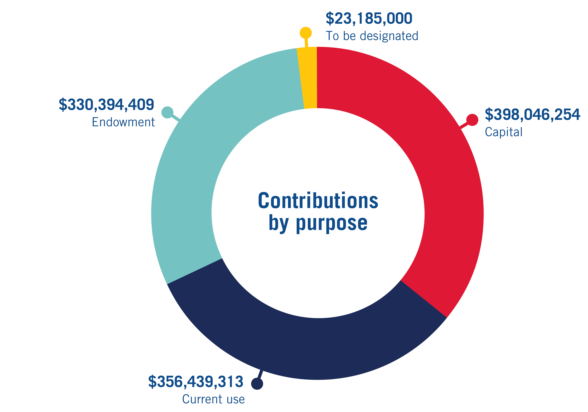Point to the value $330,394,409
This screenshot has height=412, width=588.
[106, 105]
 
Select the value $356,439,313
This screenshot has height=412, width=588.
[196, 381]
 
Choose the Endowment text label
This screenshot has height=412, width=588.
[123, 122]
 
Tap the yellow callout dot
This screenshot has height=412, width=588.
[306, 33]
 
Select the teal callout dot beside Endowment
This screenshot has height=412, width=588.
[167, 112]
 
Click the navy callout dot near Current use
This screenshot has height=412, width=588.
[257, 384]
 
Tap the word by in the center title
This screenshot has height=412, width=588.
[279, 223]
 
